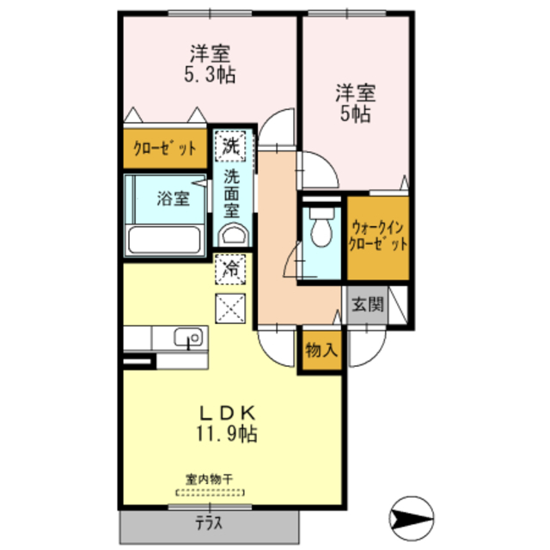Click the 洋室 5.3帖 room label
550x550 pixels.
point(210,64)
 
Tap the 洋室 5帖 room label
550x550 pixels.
point(355,103)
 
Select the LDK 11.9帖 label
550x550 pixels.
point(227,424)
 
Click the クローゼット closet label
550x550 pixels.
point(164,149)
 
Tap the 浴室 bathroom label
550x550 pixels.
point(173,199)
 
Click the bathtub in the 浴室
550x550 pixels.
point(164,240)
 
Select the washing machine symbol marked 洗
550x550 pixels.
point(230,146)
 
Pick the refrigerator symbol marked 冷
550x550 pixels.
point(230,269)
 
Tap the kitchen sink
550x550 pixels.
point(188,338)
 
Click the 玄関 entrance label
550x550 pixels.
point(368,304)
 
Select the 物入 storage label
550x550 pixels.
point(321,350)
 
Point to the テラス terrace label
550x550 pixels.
point(209,523)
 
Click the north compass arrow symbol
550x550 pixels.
point(412,518)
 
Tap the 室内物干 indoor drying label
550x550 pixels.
point(210,479)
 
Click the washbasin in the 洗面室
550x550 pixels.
point(233,235)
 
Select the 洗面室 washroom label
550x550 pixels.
point(231,193)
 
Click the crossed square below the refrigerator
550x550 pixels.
point(230,309)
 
